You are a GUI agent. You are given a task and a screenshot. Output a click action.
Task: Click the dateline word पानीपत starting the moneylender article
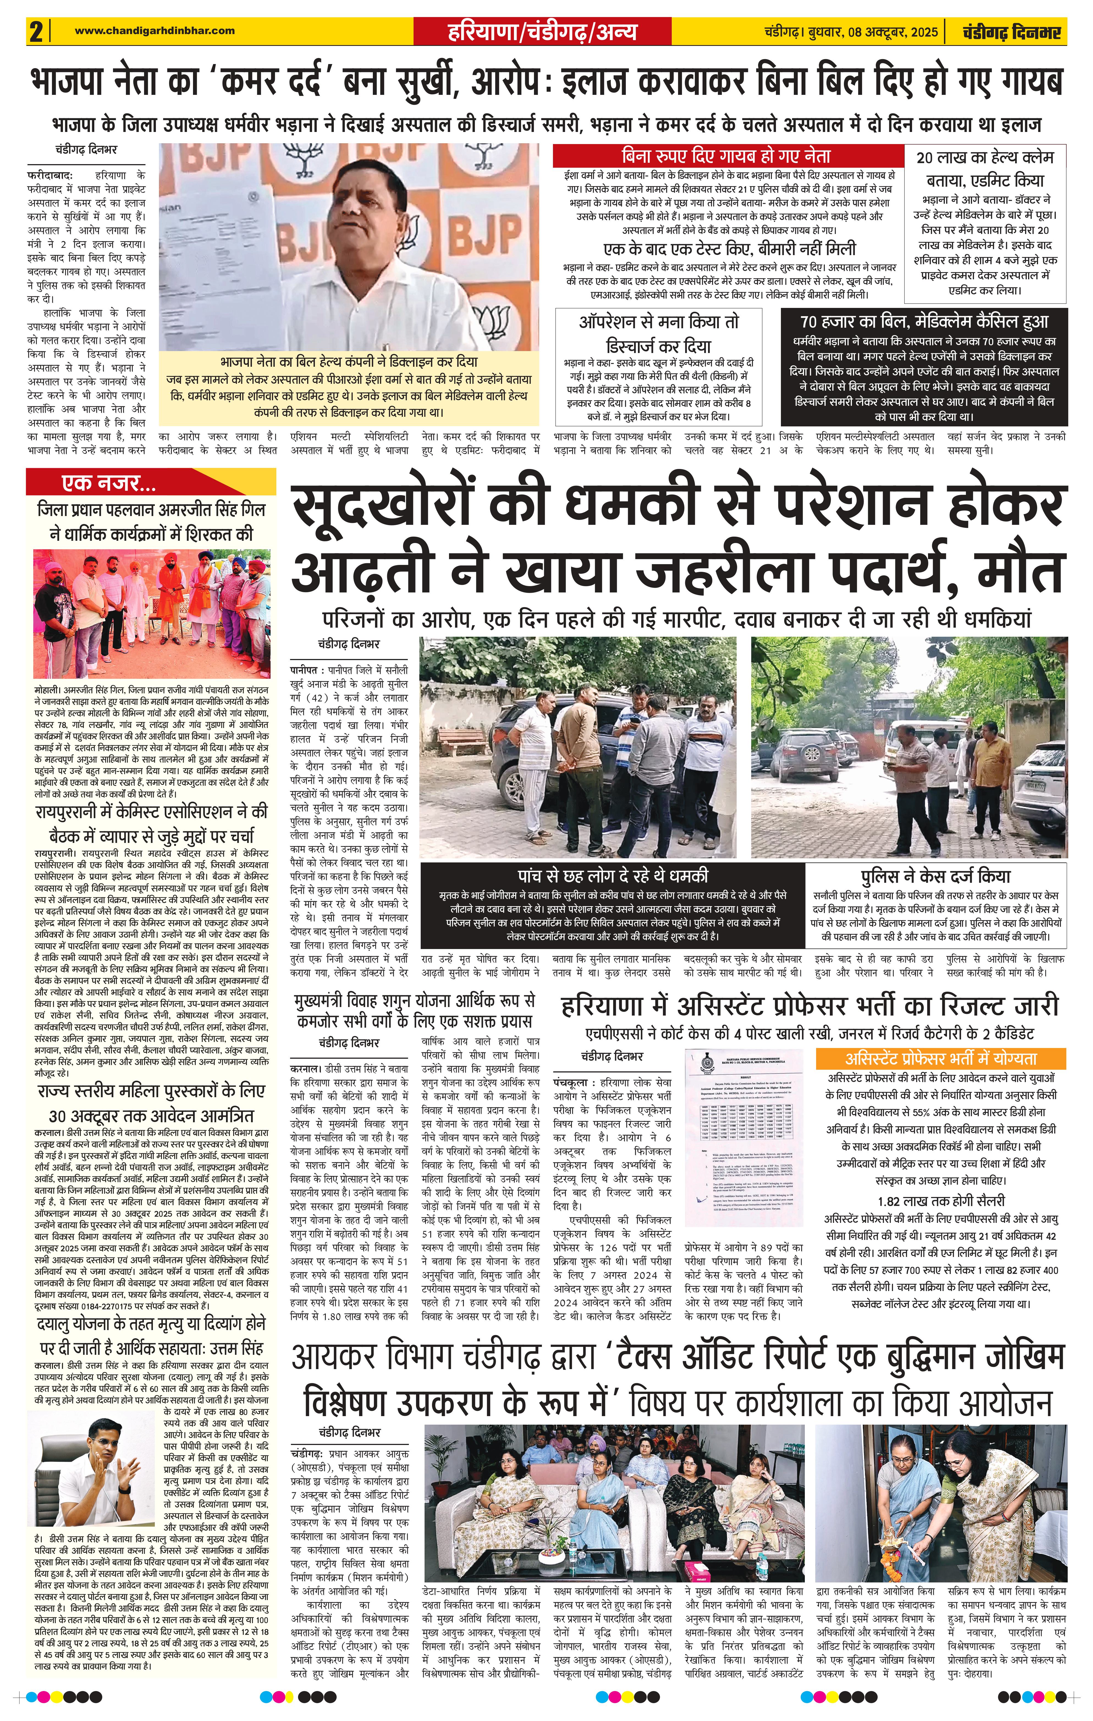tap(304, 670)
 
